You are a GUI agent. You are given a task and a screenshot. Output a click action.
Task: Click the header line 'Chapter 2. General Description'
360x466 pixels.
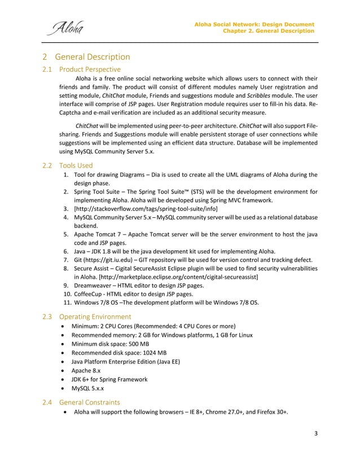pyautogui.click(x=269, y=30)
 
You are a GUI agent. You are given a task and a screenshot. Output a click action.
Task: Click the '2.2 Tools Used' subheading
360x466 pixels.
pyautogui.click(x=69, y=165)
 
